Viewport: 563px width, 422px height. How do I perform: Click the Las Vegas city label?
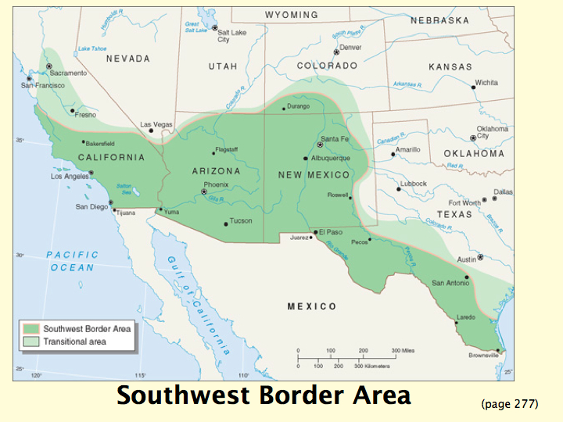pyautogui.click(x=156, y=124)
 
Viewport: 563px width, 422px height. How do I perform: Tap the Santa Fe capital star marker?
pyautogui.click(x=320, y=145)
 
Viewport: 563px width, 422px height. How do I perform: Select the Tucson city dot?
pyautogui.click(x=227, y=224)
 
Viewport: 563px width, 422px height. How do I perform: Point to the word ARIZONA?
pyautogui.click(x=217, y=170)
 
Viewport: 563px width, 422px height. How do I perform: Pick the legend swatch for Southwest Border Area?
pyautogui.click(x=32, y=329)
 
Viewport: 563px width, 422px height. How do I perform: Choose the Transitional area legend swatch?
pyautogui.click(x=32, y=342)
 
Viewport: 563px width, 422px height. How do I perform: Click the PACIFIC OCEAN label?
pyautogui.click(x=72, y=261)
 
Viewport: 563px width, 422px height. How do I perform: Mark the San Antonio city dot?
pyautogui.click(x=467, y=277)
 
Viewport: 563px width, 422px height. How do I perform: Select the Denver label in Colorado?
pyautogui.click(x=351, y=47)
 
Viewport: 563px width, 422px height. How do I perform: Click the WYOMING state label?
pyautogui.click(x=292, y=15)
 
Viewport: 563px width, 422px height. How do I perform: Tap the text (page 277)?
pyautogui.click(x=510, y=404)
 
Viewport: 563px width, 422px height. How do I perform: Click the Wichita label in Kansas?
pyautogui.click(x=486, y=82)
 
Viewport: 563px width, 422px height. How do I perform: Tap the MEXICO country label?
pyautogui.click(x=311, y=306)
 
